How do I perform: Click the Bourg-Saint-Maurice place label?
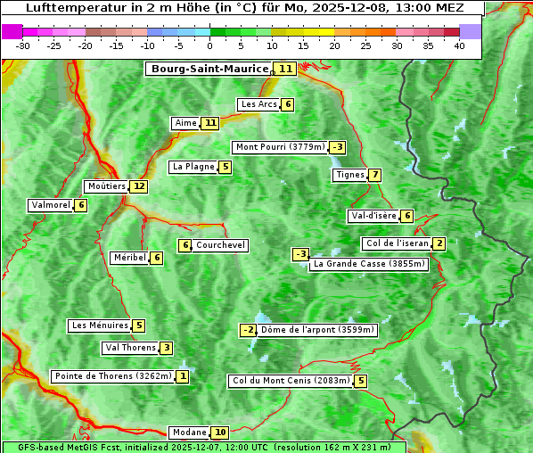pyautogui.click(x=209, y=69)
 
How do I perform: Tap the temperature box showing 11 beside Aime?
pyautogui.click(x=209, y=123)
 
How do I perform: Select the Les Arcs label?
pyautogui.click(x=259, y=104)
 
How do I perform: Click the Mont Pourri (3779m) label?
pyautogui.click(x=280, y=147)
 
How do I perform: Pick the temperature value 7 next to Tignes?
pyautogui.click(x=375, y=175)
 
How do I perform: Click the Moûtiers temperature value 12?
pyautogui.click(x=138, y=186)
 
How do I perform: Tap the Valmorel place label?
pyautogui.click(x=51, y=205)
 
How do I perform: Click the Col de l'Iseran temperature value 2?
pyautogui.click(x=439, y=243)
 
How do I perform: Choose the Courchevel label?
pyautogui.click(x=221, y=245)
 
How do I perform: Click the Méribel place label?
pyautogui.click(x=129, y=258)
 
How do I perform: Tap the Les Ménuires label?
pyautogui.click(x=100, y=325)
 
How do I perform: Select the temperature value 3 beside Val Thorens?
pyautogui.click(x=167, y=348)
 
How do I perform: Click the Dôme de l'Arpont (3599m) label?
pyautogui.click(x=318, y=330)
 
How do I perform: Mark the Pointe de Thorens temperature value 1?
pyautogui.click(x=183, y=376)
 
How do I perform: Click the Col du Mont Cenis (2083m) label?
pyautogui.click(x=290, y=381)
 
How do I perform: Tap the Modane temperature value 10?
pyautogui.click(x=220, y=432)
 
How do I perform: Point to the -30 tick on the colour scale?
pyautogui.click(x=23, y=45)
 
